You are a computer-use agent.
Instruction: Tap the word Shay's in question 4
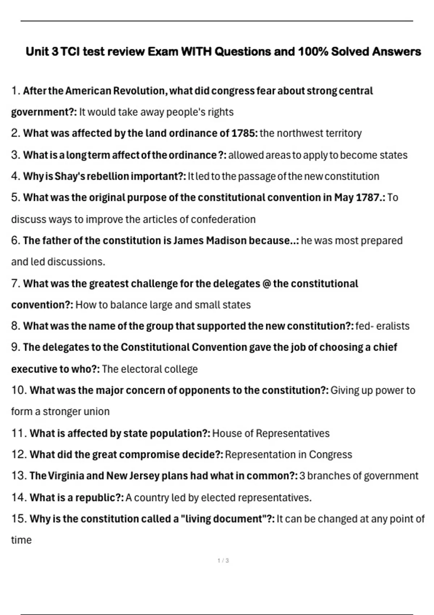pos(70,177)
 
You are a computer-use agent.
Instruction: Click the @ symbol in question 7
pos(266,284)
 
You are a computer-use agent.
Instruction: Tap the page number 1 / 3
pos(223,561)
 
